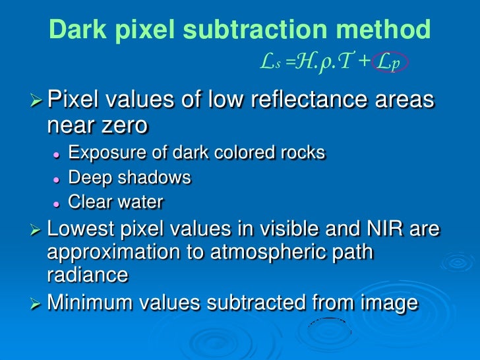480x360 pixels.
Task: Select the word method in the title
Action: (386, 30)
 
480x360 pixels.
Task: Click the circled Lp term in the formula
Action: (390, 63)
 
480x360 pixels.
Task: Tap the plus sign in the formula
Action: (364, 63)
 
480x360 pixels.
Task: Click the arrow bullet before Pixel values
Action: (38, 102)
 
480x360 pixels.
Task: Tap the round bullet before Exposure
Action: (57, 154)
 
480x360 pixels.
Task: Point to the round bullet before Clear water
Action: (57, 203)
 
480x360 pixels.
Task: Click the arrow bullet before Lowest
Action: (38, 230)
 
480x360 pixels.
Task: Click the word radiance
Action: (88, 275)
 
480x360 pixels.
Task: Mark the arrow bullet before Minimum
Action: (38, 303)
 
